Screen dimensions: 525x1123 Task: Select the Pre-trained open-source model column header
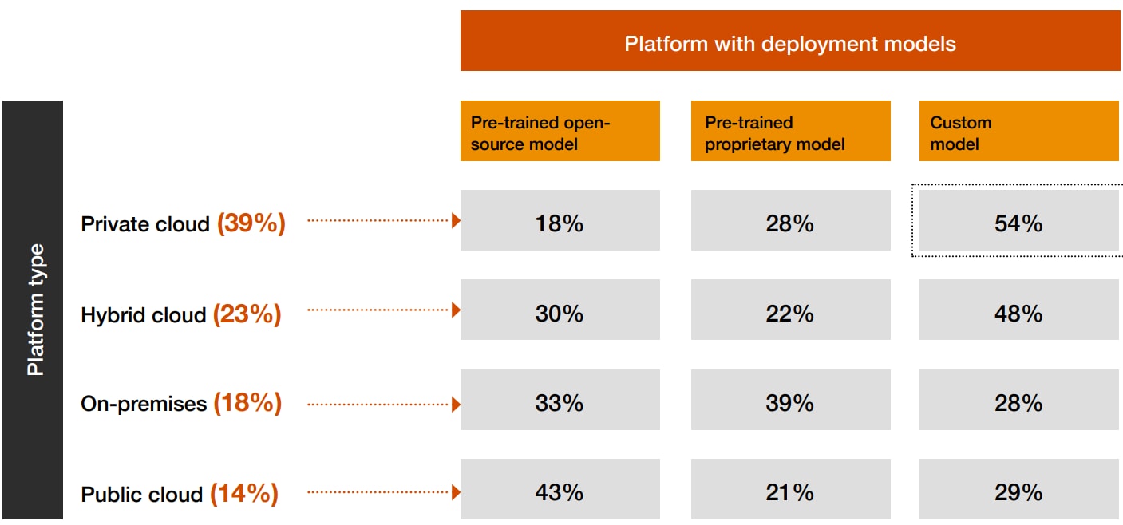(x=560, y=132)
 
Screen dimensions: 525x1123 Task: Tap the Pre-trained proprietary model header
(x=790, y=132)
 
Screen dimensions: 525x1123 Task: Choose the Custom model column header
(x=1018, y=132)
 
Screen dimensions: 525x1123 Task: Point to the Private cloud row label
(x=145, y=224)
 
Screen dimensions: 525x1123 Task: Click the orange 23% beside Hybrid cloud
(x=247, y=314)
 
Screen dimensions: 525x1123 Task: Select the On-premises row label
(x=144, y=404)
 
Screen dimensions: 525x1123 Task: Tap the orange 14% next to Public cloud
(x=244, y=494)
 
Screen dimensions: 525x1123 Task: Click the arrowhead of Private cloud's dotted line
(x=456, y=220)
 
